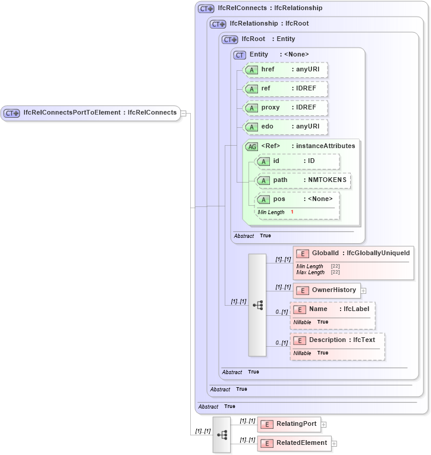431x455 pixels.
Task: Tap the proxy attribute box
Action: click(285, 108)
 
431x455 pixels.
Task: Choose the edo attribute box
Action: click(285, 127)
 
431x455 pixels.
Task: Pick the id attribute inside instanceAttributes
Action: click(297, 162)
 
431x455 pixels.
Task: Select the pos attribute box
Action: click(297, 200)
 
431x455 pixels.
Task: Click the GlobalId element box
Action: click(353, 254)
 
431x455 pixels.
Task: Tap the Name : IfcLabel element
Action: click(332, 310)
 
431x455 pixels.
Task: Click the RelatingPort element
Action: click(289, 424)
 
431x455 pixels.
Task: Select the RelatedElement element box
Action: click(294, 443)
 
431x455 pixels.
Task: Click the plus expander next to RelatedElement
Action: click(334, 444)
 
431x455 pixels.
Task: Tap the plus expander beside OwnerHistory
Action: click(364, 291)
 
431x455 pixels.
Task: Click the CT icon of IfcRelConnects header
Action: click(206, 9)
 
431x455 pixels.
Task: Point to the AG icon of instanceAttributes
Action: click(252, 146)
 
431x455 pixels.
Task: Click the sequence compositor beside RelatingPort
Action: click(222, 435)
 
